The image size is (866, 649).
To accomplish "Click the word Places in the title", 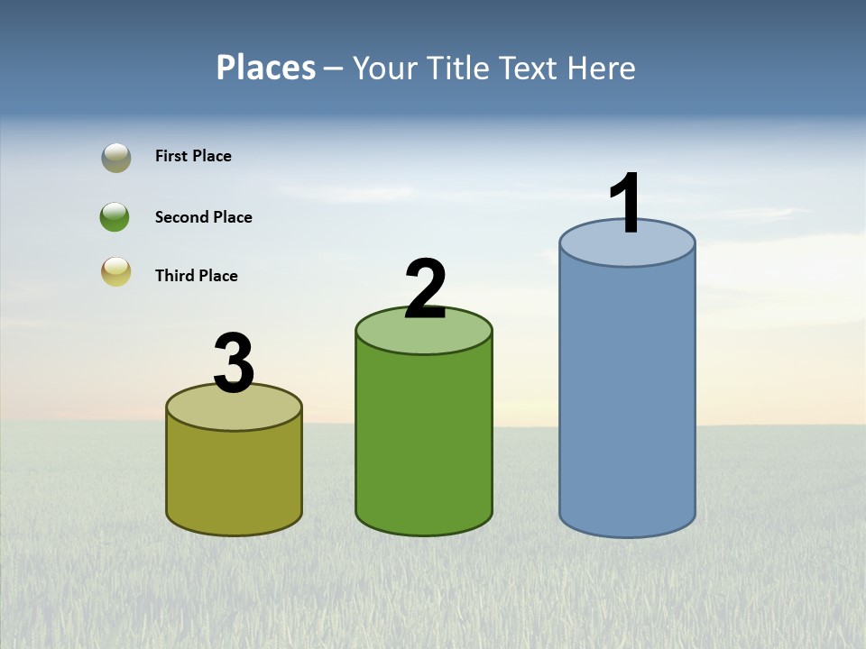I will click(x=266, y=68).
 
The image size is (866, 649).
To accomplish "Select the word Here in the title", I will click(x=603, y=68).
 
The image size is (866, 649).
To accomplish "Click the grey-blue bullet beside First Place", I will click(x=115, y=157).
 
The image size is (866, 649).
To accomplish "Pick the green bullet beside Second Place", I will click(x=115, y=216).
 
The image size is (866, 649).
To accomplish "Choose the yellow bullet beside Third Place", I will click(x=115, y=271).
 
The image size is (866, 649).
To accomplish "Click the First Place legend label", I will click(x=193, y=156).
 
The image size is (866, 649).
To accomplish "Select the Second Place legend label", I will click(x=203, y=217).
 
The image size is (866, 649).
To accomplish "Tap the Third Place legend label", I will click(x=196, y=276).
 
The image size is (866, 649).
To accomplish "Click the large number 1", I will click(x=625, y=204).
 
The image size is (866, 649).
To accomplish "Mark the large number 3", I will click(x=234, y=363).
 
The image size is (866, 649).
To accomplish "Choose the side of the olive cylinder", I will click(x=234, y=478).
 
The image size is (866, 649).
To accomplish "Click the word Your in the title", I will click(x=385, y=68).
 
